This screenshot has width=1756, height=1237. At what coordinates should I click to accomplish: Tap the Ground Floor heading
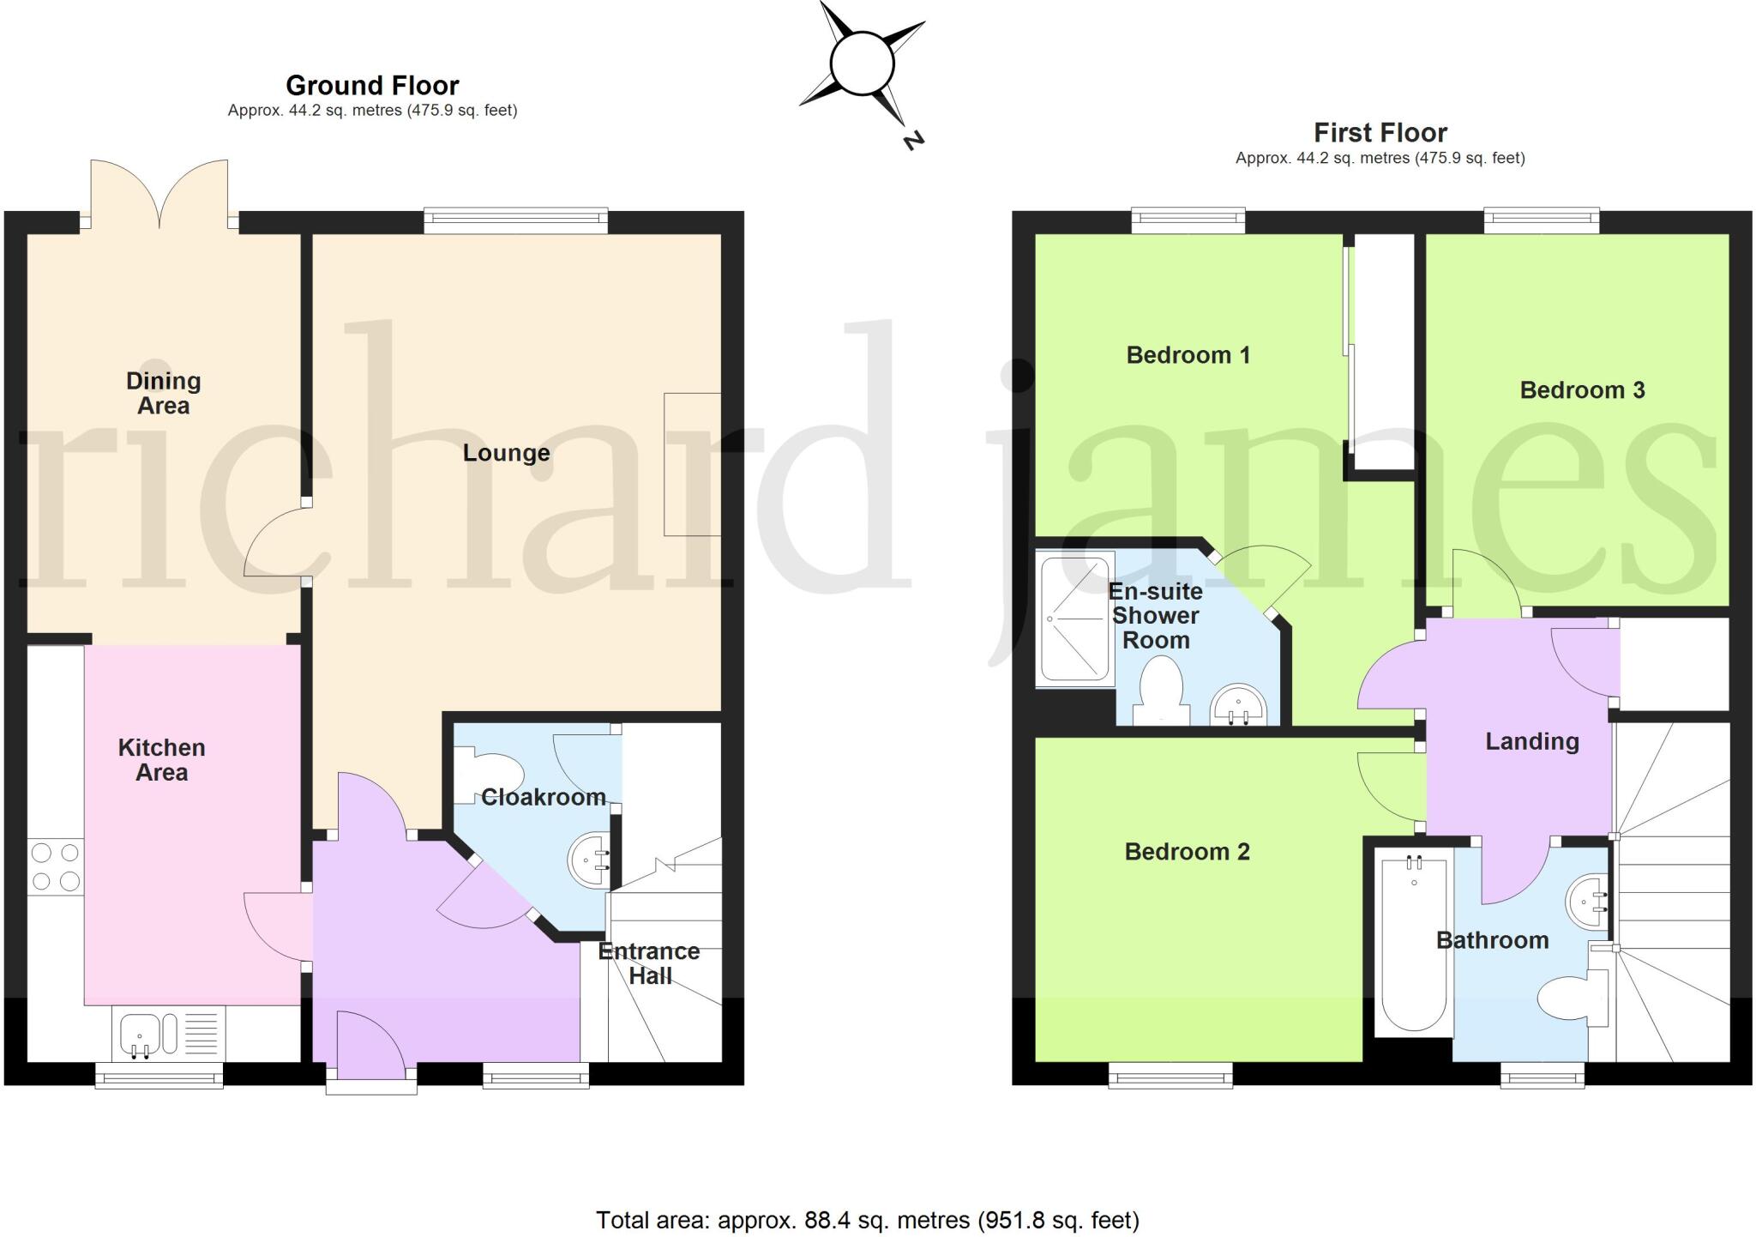pyautogui.click(x=372, y=86)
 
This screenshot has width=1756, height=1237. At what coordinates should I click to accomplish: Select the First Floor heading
pyautogui.click(x=1380, y=133)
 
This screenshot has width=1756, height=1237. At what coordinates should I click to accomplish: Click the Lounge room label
pyautogui.click(x=506, y=453)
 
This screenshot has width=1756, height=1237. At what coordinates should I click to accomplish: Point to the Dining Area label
pyautogui.click(x=163, y=393)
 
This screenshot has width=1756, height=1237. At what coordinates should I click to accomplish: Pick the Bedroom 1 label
pyautogui.click(x=1188, y=355)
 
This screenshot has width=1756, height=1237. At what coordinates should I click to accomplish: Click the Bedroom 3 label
pyautogui.click(x=1582, y=390)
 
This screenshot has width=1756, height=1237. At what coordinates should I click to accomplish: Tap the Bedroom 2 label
pyautogui.click(x=1187, y=852)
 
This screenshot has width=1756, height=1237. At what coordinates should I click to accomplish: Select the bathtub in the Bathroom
pyautogui.click(x=1414, y=944)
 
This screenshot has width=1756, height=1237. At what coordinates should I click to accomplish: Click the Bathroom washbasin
pyautogui.click(x=1590, y=902)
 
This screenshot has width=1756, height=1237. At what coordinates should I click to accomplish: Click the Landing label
pyautogui.click(x=1531, y=741)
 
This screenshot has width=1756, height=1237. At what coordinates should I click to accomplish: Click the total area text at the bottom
pyautogui.click(x=867, y=1220)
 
